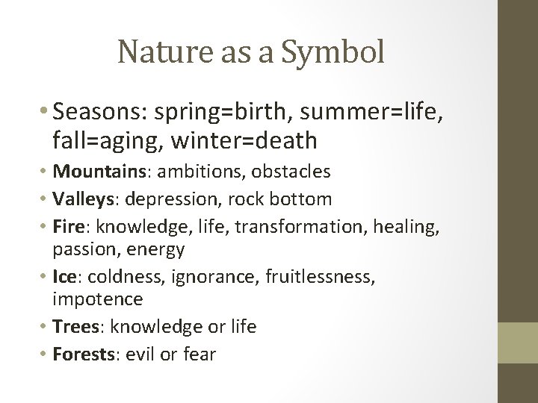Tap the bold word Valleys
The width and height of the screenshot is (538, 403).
(81, 199)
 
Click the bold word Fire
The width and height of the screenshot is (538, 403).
(68, 225)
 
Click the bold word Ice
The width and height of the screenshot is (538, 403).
(66, 276)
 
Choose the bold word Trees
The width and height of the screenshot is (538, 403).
(76, 327)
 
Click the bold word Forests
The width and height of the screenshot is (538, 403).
(81, 353)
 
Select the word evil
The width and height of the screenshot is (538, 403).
(137, 353)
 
